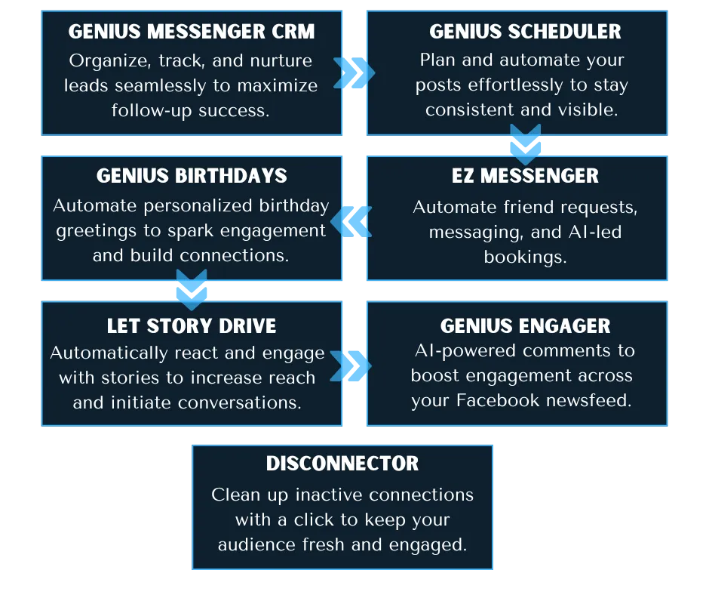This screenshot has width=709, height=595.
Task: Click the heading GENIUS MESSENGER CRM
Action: coord(192,32)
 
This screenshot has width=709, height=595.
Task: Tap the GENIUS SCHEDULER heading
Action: coord(525,32)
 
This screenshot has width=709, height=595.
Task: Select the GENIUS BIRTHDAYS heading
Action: coord(192,177)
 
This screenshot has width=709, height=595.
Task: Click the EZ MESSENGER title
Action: coord(525,176)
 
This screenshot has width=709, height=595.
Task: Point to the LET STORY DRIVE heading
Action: coord(192,326)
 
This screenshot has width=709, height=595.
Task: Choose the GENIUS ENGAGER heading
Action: coord(525,326)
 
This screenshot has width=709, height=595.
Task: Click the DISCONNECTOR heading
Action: coord(342,464)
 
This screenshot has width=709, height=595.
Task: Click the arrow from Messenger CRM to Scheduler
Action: coord(354,72)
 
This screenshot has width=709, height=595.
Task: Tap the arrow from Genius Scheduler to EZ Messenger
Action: coord(525,144)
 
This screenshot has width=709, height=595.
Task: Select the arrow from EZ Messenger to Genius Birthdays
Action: coord(351,220)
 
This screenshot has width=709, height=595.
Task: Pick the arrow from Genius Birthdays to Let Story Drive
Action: coord(192,290)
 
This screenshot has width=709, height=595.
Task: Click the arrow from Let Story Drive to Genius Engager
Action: coord(351,366)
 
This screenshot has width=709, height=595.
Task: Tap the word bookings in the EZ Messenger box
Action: coord(525,257)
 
